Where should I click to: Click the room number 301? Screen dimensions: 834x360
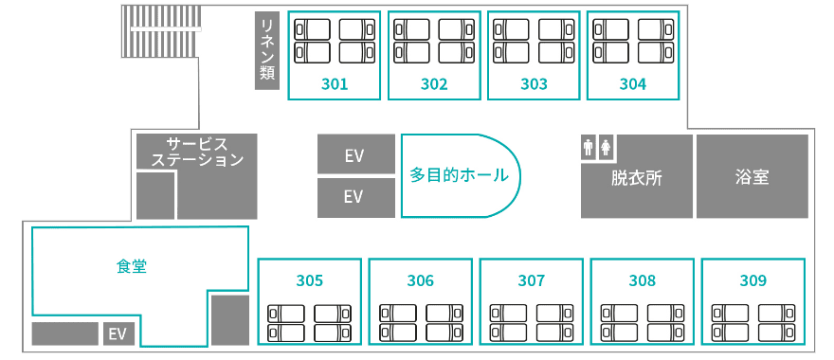click(x=335, y=84)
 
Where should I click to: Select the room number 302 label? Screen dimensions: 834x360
click(x=434, y=84)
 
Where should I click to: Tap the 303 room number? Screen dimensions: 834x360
click(x=534, y=84)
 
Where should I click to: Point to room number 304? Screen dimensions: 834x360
click(x=633, y=84)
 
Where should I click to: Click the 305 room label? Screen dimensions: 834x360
click(x=310, y=280)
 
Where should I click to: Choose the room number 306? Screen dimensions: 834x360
click(x=421, y=280)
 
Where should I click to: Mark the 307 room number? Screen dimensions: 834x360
click(x=532, y=280)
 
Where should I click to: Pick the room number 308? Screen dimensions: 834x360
click(x=642, y=280)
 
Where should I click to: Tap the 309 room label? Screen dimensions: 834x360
click(x=753, y=280)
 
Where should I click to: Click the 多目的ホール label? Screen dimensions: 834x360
click(x=459, y=175)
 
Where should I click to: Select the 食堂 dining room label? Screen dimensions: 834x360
click(x=132, y=266)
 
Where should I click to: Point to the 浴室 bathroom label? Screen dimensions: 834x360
click(x=752, y=177)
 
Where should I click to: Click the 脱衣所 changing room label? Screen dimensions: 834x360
click(x=637, y=178)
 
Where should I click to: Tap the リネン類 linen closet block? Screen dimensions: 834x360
click(x=267, y=50)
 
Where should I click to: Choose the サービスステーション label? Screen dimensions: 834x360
click(x=197, y=152)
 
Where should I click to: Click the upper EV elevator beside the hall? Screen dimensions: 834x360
click(x=355, y=153)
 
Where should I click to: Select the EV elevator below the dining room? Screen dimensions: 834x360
click(x=118, y=333)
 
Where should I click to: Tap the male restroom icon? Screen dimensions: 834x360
click(x=589, y=147)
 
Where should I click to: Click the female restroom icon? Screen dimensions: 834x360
click(x=606, y=147)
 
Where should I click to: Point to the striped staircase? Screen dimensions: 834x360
click(x=162, y=31)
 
